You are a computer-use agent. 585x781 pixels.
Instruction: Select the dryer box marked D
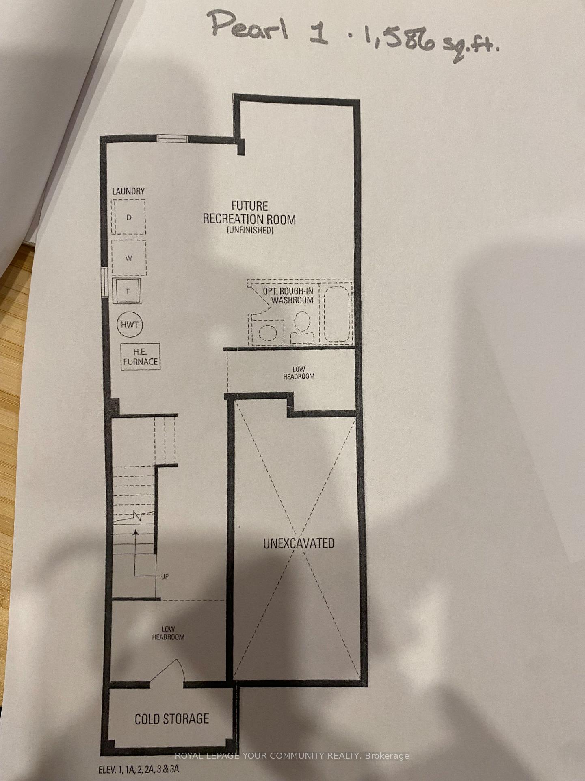[129, 217]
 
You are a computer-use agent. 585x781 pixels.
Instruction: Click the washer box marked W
[129, 258]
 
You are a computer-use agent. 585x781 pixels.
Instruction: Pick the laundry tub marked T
[127, 291]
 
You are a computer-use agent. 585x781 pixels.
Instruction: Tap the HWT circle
[130, 325]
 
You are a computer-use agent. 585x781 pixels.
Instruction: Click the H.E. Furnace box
[141, 357]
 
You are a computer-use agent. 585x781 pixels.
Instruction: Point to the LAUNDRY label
[128, 191]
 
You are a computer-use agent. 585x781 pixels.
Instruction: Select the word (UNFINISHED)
[249, 231]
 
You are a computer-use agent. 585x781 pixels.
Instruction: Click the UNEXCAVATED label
[299, 543]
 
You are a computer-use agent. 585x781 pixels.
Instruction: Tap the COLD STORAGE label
[172, 719]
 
